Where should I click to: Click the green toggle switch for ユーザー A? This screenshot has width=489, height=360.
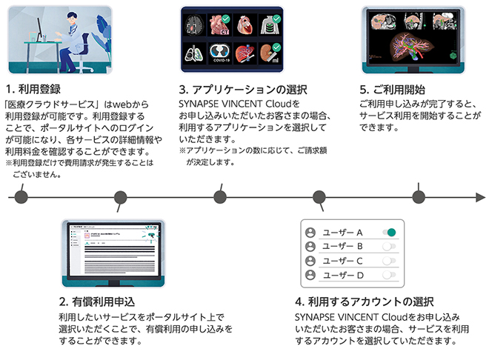[389, 233]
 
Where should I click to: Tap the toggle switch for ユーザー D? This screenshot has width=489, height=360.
[389, 275]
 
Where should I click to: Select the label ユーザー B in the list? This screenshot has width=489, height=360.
[342, 247]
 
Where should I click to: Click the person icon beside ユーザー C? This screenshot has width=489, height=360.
[310, 261]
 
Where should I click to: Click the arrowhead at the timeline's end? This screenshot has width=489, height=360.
[479, 196]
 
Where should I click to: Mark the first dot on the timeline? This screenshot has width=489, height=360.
[21, 196]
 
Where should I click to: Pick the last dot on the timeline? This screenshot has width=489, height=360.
[419, 196]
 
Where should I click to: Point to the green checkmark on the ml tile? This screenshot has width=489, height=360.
[277, 46]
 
